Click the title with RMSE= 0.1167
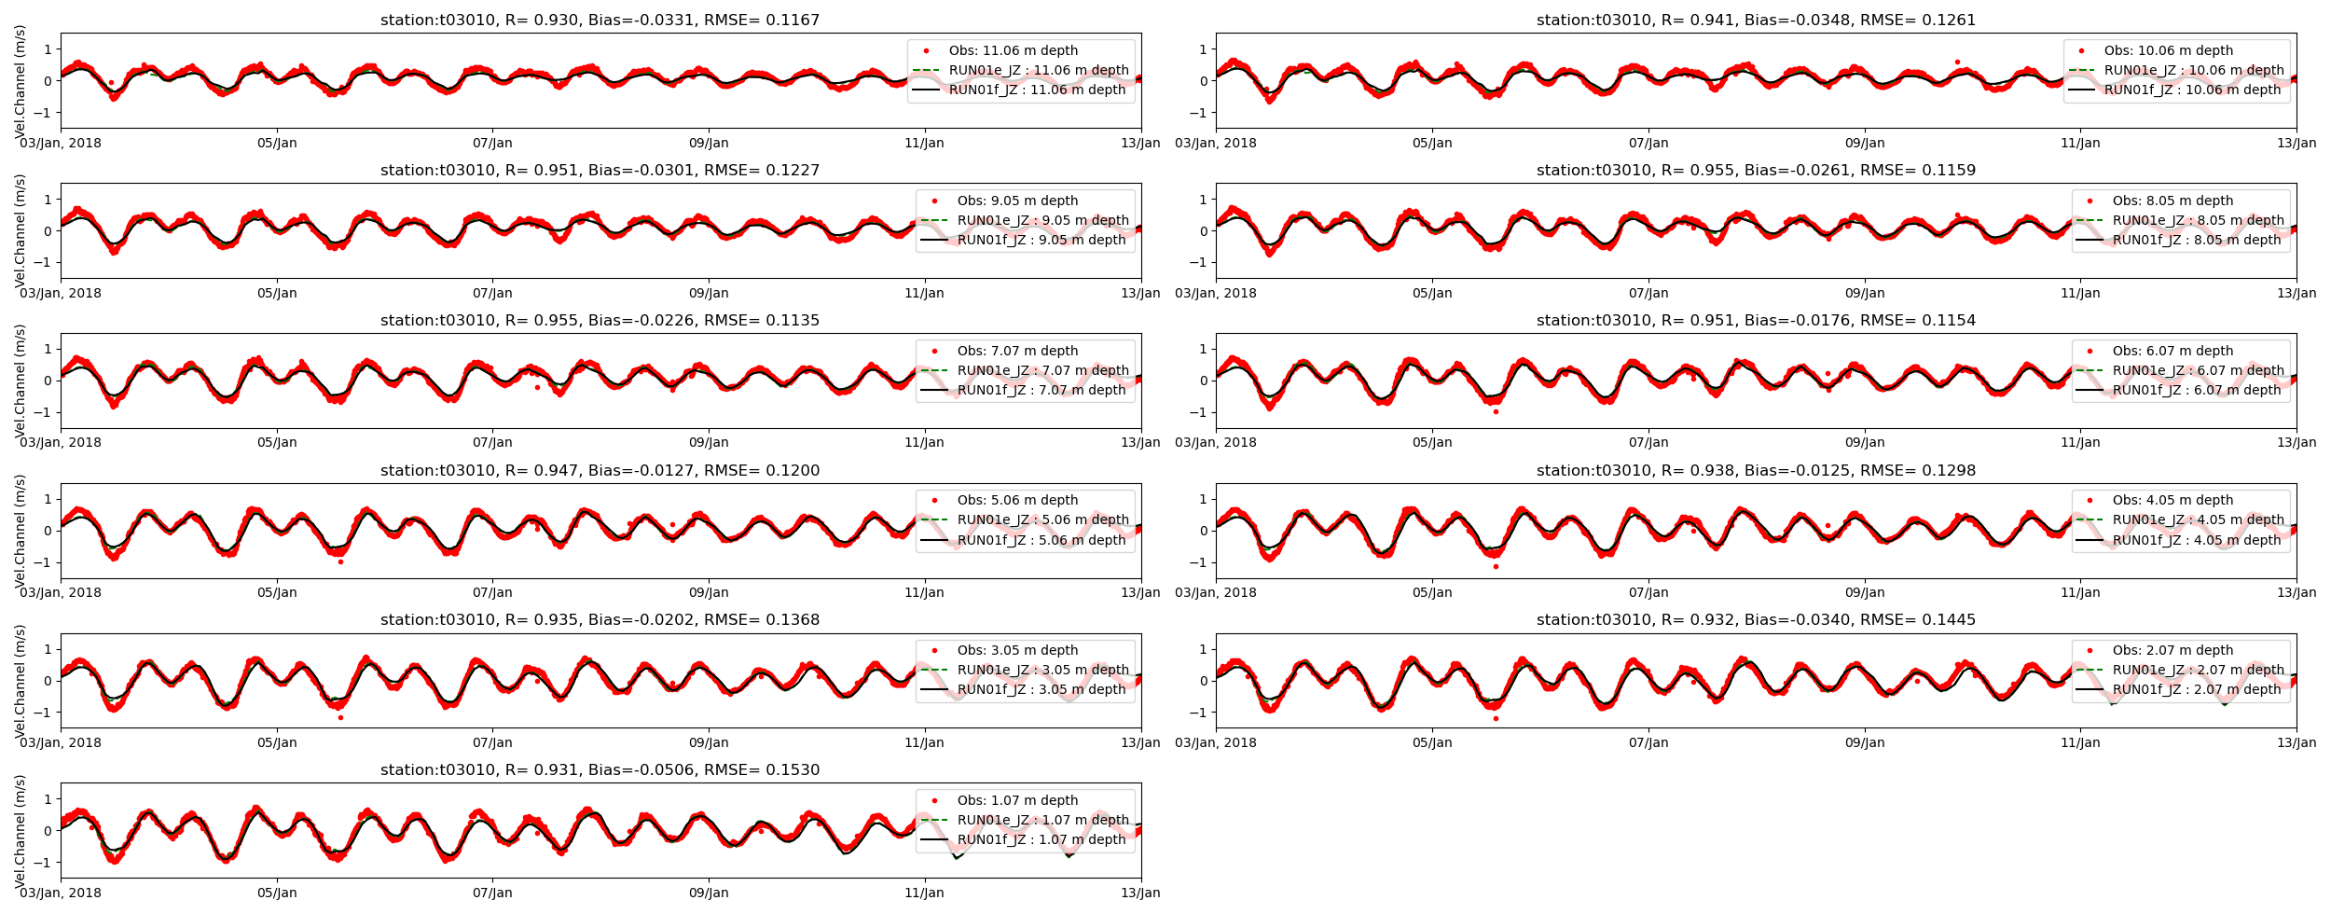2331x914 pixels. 600,20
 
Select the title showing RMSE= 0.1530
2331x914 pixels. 600,769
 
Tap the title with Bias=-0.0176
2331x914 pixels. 1756,320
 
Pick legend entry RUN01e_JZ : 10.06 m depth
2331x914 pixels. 2194,70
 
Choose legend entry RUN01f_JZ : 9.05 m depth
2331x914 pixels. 1041,240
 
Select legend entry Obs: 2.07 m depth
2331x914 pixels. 2172,650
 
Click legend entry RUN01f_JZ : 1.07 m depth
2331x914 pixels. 1041,839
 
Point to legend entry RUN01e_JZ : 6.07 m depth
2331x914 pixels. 2198,370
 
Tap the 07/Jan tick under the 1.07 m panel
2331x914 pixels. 492,893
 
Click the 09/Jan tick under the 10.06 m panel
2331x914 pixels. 1865,143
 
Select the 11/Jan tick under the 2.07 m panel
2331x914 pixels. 2080,742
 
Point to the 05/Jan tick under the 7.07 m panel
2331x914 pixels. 277,442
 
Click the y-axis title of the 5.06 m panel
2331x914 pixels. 20,531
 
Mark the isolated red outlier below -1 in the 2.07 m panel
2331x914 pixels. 1496,718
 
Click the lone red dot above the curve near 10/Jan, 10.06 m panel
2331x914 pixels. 1957,62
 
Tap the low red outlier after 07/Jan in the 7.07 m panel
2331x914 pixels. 537,387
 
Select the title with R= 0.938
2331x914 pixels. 1756,470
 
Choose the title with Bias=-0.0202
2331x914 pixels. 600,619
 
